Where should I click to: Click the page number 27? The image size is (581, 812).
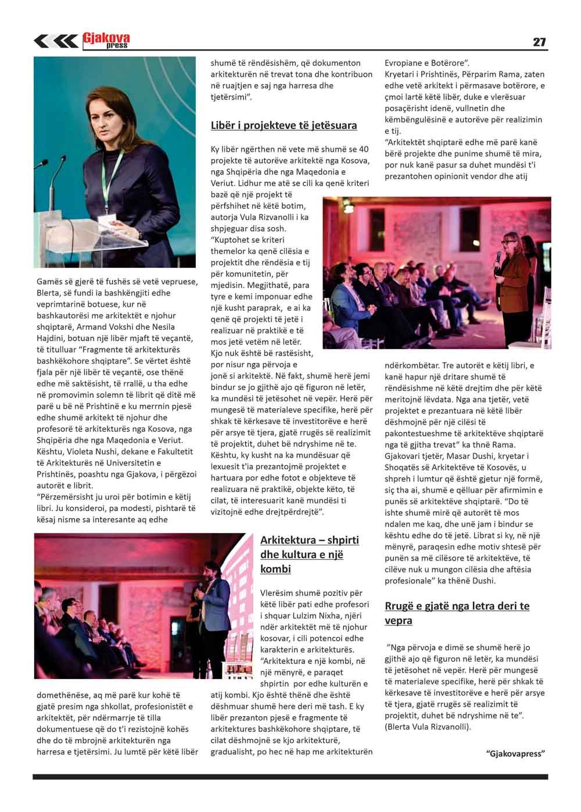coord(539,42)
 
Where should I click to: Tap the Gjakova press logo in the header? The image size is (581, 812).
coord(106,40)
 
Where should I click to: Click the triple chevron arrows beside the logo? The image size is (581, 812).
coord(56,41)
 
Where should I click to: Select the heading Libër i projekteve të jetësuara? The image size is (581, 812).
coord(284,125)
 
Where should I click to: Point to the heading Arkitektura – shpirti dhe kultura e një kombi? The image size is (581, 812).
coord(310,554)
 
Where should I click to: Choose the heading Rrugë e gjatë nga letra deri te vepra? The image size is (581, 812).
coord(457,613)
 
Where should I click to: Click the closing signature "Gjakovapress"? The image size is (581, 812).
coord(515,753)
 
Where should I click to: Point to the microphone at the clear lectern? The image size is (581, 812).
coord(59,168)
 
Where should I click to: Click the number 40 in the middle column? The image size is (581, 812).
coord(363,149)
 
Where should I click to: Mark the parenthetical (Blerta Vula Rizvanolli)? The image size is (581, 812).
coord(428,727)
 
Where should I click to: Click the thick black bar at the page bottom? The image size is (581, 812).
coord(290,777)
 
